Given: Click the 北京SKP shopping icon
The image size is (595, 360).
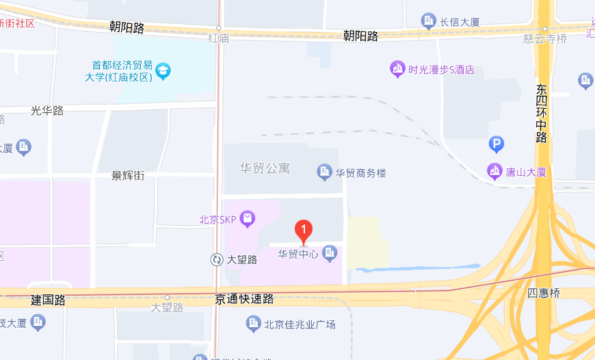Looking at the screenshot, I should tap(248, 219).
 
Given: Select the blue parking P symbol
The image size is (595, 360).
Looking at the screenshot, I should tap(497, 144).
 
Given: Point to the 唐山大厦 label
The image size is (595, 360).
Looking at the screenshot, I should tap(525, 172).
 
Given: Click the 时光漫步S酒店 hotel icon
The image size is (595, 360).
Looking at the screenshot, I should tap(397, 69).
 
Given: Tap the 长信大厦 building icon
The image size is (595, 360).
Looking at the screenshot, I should tap(429, 21).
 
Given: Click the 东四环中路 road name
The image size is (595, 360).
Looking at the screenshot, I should tap(542, 113).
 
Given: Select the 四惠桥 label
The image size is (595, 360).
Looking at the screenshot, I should tap(544, 293).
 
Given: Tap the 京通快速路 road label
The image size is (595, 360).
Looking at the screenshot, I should tap(244, 299).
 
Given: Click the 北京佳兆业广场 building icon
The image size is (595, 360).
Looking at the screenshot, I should tap(254, 323).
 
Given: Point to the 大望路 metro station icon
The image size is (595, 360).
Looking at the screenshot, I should tap(217, 259).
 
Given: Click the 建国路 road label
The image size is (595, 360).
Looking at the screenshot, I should tap(48, 300).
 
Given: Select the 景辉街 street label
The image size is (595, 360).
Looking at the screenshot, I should tap(129, 176).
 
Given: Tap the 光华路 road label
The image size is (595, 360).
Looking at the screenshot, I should tap(47, 110).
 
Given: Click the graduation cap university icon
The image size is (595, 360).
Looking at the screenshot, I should tap(163, 70).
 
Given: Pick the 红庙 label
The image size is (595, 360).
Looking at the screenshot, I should tap(219, 38).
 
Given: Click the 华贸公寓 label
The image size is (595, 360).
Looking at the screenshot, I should tap(265, 168).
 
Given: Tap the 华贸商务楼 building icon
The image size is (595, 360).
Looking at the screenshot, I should tap(325, 172).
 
